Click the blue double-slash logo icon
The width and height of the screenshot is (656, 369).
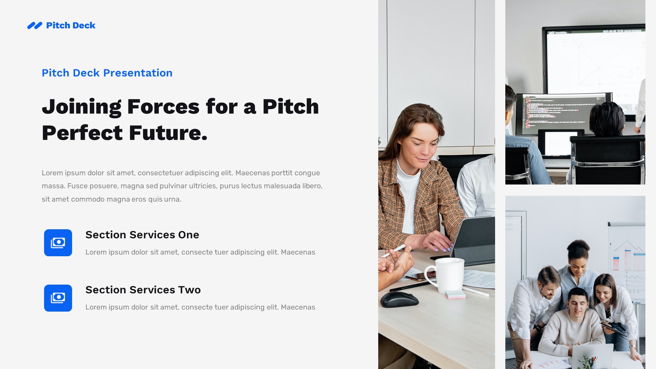(x=35, y=26)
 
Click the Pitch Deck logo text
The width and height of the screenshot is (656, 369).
(x=71, y=26)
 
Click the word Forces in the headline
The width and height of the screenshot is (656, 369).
(x=163, y=107)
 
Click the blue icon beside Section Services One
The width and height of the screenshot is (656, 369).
(x=58, y=243)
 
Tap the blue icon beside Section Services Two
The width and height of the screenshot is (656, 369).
(x=58, y=298)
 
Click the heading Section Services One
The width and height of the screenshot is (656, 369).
(x=142, y=235)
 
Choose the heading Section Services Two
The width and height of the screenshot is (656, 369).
(x=143, y=290)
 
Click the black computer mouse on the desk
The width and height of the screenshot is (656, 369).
(x=399, y=299)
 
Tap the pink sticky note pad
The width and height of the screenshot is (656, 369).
(x=455, y=294)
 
